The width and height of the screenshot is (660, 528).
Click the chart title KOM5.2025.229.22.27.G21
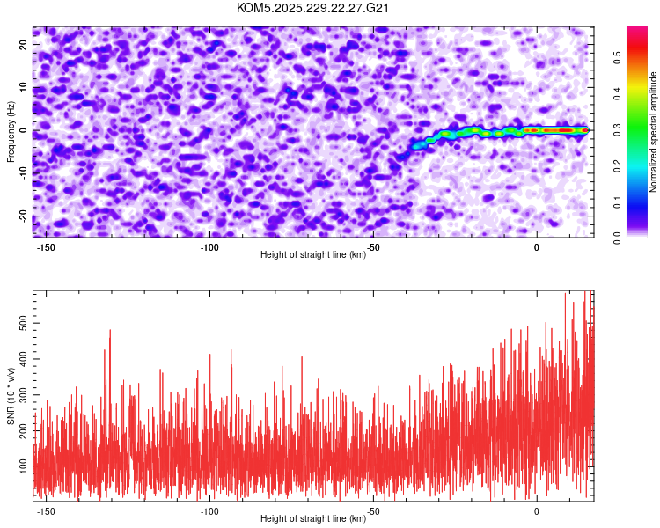click(x=313, y=8)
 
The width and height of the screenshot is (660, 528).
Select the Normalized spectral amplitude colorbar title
click(x=654, y=132)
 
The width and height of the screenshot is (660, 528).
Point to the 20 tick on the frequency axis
click(x=24, y=46)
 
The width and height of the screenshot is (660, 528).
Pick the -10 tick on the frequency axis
click(x=22, y=174)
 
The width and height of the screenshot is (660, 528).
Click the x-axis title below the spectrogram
click(x=313, y=255)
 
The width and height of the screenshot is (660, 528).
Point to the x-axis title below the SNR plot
click(x=313, y=520)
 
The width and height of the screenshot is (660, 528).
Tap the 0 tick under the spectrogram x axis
click(x=537, y=247)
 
